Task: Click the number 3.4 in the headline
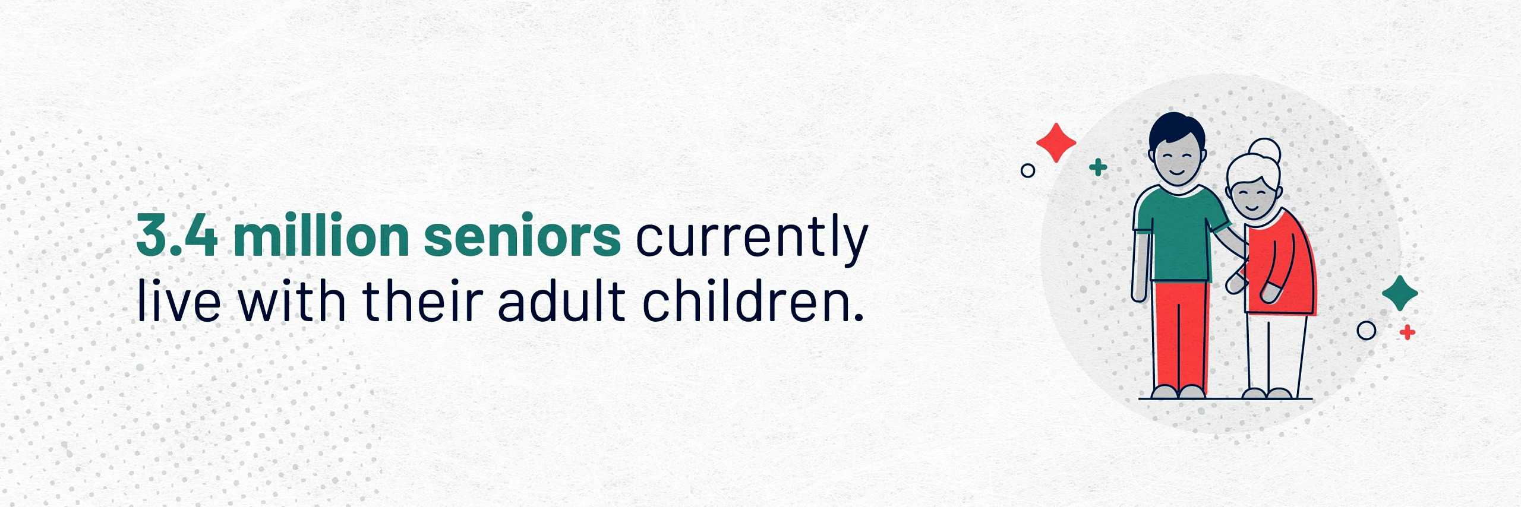click(177, 236)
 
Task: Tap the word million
click(321, 235)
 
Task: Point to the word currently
click(752, 240)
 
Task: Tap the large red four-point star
click(1056, 142)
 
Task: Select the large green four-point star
click(1400, 293)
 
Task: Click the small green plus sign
click(1099, 168)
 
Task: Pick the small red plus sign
click(1407, 332)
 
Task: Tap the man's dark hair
click(1176, 128)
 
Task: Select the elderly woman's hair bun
click(1264, 151)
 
